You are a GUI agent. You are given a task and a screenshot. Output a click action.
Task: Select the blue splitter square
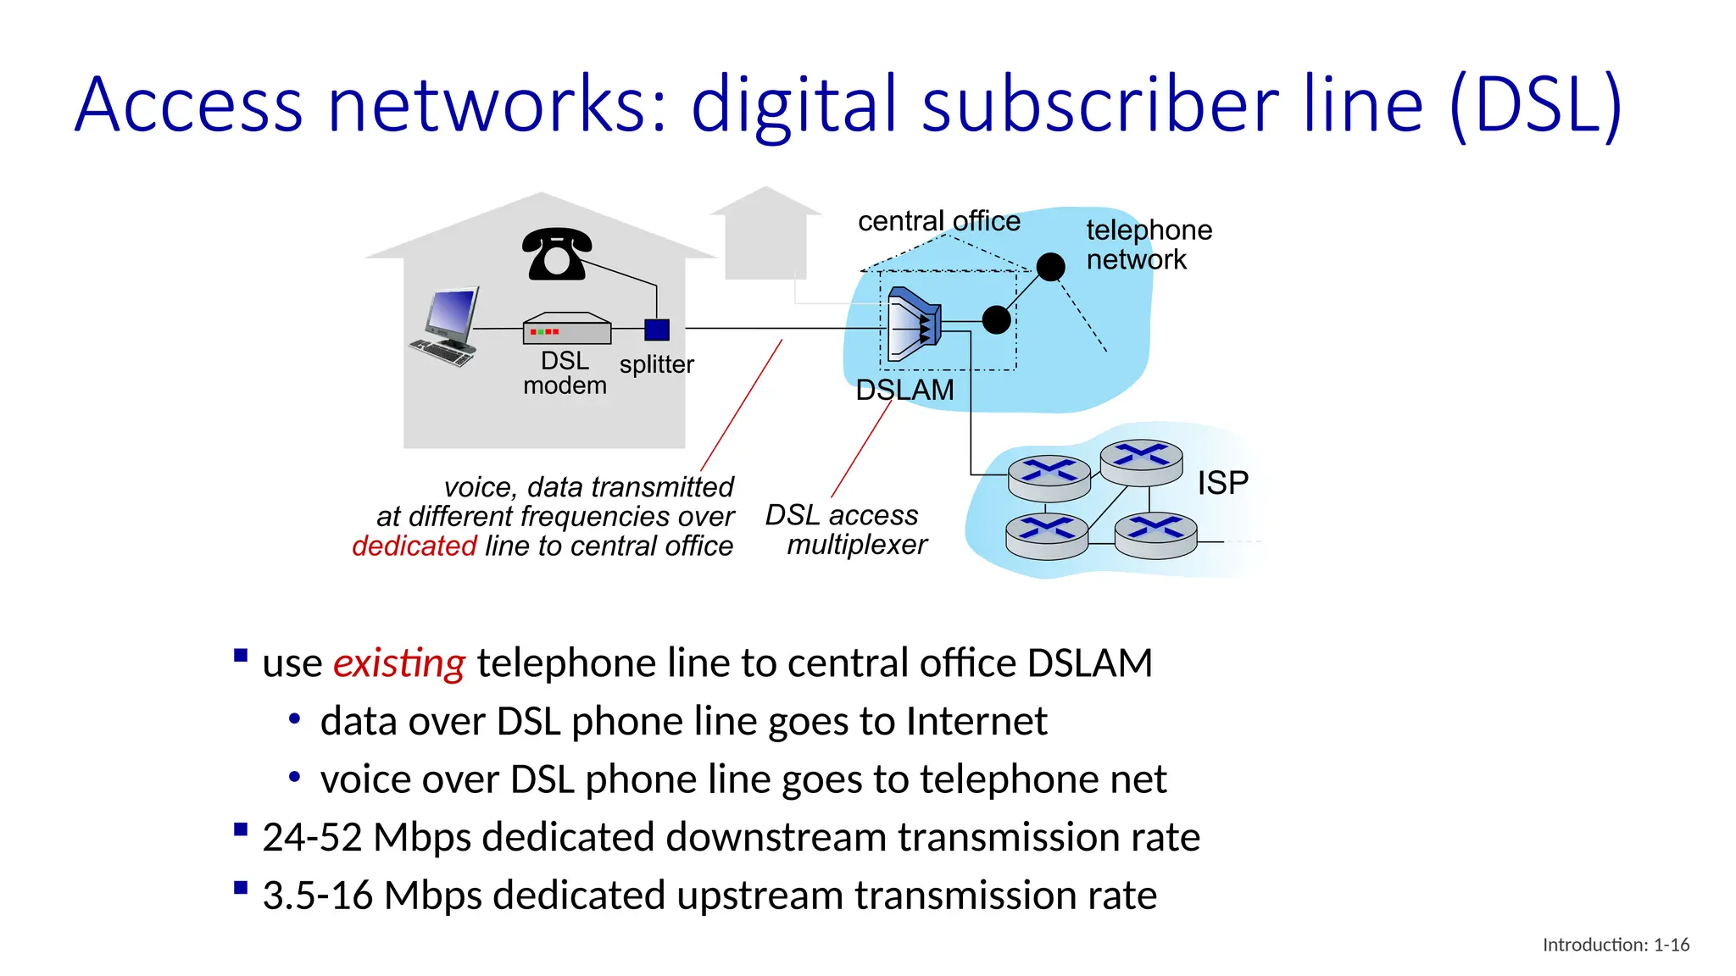(657, 329)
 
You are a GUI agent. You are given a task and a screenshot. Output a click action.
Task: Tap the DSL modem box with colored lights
(566, 329)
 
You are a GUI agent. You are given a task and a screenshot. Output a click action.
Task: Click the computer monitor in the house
(453, 313)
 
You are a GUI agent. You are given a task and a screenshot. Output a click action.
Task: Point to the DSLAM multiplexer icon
(914, 324)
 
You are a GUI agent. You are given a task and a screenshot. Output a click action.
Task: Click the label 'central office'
(938, 221)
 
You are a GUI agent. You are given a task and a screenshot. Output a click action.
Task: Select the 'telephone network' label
(1148, 244)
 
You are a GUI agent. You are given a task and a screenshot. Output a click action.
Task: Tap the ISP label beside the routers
(1222, 483)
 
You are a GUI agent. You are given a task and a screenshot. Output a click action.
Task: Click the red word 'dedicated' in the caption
(415, 546)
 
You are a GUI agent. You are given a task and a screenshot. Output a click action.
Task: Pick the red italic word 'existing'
(398, 663)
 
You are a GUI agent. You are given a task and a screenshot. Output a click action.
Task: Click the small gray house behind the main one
(765, 233)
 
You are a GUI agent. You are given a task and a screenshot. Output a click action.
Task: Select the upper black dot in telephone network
(1050, 267)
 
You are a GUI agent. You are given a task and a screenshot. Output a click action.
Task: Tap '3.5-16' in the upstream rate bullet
(317, 896)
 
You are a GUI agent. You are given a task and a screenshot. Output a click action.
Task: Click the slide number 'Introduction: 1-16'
(1616, 945)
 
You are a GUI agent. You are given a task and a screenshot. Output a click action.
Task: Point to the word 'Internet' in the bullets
(976, 722)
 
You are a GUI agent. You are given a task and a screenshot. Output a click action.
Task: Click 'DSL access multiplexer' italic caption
(846, 530)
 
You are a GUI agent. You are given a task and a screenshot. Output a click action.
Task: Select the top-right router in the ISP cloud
(1141, 461)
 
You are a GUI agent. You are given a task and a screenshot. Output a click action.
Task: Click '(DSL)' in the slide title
(1535, 105)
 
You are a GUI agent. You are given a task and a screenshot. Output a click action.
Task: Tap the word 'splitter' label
(656, 364)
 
